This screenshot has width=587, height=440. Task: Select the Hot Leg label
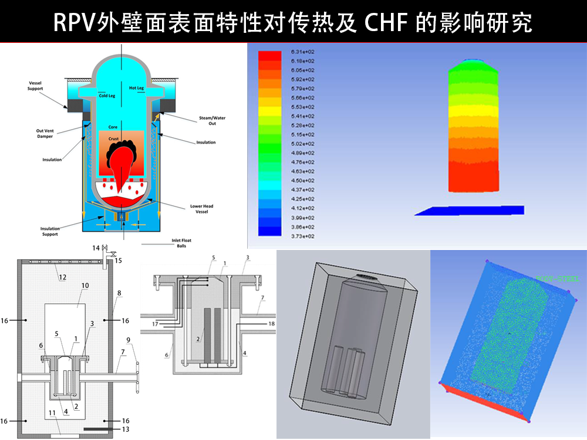(137, 88)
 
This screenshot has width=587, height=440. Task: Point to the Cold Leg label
(107, 96)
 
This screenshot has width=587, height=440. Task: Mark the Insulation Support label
(50, 231)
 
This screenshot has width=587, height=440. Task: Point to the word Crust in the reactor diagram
(113, 138)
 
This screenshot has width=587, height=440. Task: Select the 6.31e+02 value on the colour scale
(302, 53)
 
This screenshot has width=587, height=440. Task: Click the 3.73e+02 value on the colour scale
(302, 235)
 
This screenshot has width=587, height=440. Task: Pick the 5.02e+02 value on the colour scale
(302, 144)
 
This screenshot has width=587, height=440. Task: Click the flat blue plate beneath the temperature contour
(470, 210)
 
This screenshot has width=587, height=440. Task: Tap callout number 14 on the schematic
(96, 249)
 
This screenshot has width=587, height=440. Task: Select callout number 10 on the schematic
(85, 286)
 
